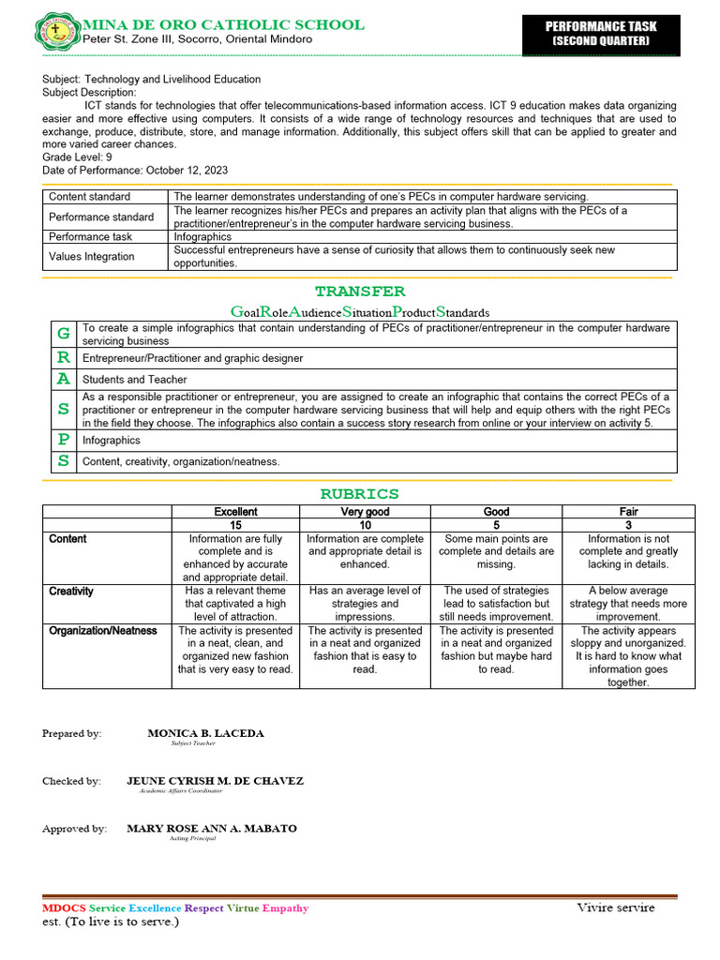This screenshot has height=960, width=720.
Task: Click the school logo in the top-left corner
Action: [59, 31]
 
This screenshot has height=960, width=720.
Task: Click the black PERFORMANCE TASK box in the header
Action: [600, 34]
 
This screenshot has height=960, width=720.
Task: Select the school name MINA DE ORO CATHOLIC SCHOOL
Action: [224, 24]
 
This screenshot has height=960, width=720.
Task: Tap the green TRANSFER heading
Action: [360, 292]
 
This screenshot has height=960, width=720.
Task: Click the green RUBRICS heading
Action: [360, 494]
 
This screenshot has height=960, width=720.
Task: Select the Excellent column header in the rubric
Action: [235, 512]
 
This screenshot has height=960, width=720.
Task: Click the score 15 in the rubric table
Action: [235, 525]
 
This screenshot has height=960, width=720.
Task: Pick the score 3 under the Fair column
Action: [628, 525]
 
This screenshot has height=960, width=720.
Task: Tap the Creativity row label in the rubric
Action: [71, 592]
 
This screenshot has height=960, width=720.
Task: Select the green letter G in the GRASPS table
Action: [63, 334]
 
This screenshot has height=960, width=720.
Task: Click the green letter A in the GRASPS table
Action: [63, 379]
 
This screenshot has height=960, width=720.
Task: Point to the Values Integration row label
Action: [92, 257]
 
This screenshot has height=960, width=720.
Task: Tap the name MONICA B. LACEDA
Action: [205, 733]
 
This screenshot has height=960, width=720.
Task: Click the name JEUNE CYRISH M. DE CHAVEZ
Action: [215, 781]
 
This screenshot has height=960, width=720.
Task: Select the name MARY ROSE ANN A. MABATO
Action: [212, 829]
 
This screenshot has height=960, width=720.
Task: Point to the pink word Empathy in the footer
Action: [285, 908]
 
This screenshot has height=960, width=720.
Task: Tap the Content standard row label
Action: [90, 197]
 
